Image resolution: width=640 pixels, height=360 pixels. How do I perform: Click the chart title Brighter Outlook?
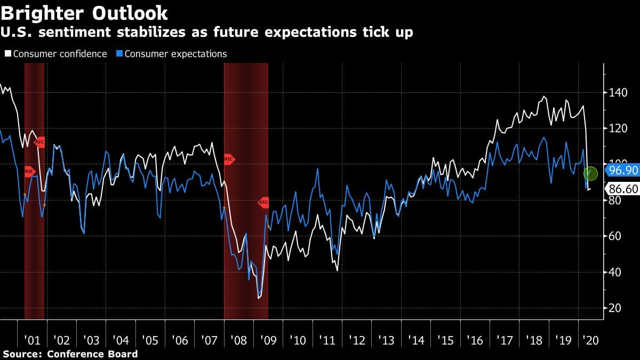[84, 12]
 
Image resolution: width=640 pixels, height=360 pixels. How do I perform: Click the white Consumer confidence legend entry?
[55, 54]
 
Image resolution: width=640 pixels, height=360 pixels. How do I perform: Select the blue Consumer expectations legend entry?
[172, 54]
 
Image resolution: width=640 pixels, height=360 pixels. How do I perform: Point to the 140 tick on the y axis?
[617, 93]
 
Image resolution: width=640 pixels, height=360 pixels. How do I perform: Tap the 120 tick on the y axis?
[617, 129]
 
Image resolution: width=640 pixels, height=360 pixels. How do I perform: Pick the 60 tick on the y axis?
[615, 236]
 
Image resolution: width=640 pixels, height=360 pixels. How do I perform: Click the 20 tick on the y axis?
[615, 308]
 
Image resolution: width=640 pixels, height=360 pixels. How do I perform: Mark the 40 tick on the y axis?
[615, 272]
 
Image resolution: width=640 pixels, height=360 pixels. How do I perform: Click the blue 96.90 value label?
[622, 171]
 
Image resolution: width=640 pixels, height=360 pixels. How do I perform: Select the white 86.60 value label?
[622, 188]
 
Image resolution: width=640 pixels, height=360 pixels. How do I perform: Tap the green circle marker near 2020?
[590, 173]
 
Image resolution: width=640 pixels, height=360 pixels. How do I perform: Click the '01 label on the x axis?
[33, 340]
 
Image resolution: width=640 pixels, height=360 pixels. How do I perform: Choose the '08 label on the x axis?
[238, 340]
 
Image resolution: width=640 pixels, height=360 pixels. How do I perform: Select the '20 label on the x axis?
[591, 340]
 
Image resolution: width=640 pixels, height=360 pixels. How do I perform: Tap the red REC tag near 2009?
[263, 202]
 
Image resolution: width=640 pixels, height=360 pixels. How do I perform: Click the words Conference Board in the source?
[92, 354]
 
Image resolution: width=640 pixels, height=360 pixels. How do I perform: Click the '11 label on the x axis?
[326, 340]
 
